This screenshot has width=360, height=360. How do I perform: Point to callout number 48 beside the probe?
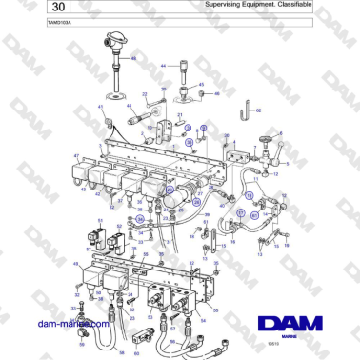click(x=133, y=59)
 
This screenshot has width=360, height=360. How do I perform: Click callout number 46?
click(x=217, y=94)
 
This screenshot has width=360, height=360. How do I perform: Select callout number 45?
click(x=201, y=84)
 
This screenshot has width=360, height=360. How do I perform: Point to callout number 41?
click(x=100, y=108)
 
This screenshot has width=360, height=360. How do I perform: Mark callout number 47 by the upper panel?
click(x=75, y=155)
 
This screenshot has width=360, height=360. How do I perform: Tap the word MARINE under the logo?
click(x=300, y=320)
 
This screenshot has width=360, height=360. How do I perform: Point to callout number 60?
click(x=136, y=352)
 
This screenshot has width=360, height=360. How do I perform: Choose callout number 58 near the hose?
click(x=121, y=352)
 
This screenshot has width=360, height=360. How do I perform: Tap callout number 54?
click(x=203, y=322)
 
